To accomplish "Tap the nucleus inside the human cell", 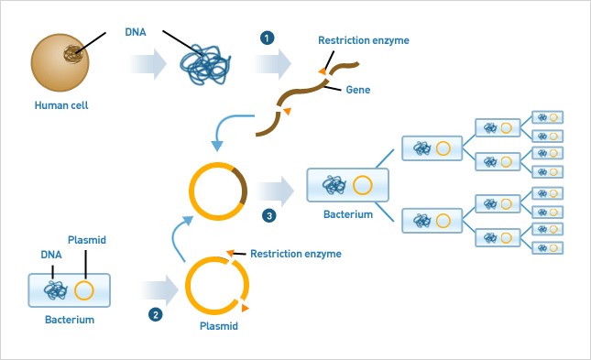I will point(70,54).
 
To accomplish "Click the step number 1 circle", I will point(267,38).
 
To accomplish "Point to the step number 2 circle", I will point(155,315).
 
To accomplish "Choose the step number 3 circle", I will point(268,215).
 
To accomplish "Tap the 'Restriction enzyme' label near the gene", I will point(364,40).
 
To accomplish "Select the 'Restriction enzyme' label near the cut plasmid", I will point(296,254).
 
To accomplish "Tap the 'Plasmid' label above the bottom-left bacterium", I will point(87,239).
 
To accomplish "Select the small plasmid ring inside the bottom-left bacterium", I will point(83,291).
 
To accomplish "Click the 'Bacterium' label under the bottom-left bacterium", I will point(70,321).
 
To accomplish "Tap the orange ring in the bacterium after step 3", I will point(363,186).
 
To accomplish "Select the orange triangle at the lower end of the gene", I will point(287,111).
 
